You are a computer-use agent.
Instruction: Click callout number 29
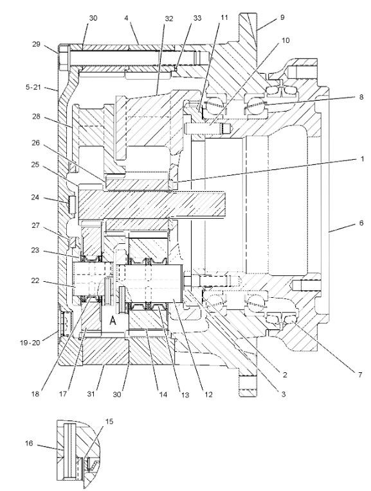click(37, 44)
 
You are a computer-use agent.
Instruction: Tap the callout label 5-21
click(33, 87)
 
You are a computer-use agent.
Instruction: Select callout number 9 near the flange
click(282, 17)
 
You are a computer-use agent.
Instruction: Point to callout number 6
click(361, 223)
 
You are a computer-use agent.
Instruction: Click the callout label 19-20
click(30, 343)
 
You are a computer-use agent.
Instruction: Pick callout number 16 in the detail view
click(29, 444)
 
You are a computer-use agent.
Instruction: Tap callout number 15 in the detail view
click(109, 422)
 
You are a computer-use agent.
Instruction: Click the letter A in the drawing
click(113, 320)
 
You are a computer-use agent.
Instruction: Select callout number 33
click(197, 18)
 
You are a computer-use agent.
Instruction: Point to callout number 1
click(362, 159)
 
